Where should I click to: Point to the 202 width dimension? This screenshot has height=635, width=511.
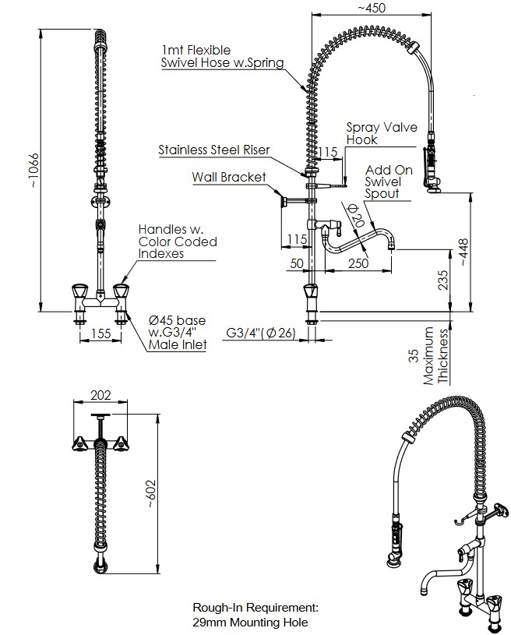coord(100,395)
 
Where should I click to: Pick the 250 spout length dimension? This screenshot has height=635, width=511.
coord(359,264)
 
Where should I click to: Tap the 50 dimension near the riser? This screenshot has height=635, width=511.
coord(297,264)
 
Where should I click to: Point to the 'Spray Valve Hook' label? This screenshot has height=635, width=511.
coord(382,133)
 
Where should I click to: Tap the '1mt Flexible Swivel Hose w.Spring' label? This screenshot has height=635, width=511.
coord(222,56)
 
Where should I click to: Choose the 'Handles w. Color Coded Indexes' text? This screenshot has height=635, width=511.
coord(178,242)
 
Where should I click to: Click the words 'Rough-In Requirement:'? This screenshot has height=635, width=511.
coord(255,606)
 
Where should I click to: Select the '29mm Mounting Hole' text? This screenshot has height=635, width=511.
coord(250,622)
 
